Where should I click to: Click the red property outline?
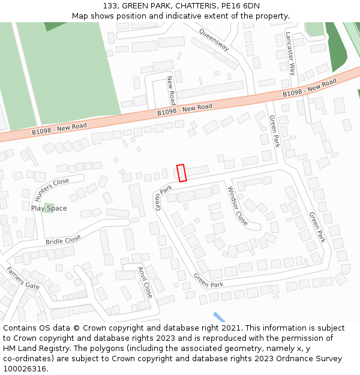pyautogui.click(x=182, y=173)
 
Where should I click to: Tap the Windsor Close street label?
pyautogui.click(x=237, y=206)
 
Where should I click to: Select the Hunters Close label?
pyautogui.click(x=52, y=190)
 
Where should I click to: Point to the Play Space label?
pyautogui.click(x=49, y=208)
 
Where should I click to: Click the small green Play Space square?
pyautogui.click(x=48, y=208)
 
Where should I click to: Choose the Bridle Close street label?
pyautogui.click(x=63, y=240)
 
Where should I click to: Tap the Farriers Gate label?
pyautogui.click(x=23, y=278)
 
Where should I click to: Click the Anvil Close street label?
pyautogui.click(x=145, y=283)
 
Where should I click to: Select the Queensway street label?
pyautogui.click(x=214, y=40)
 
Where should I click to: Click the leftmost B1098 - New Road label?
pyautogui.click(x=59, y=128)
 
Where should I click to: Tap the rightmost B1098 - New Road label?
pyautogui.click(x=310, y=91)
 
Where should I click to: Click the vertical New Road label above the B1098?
pyautogui.click(x=171, y=90)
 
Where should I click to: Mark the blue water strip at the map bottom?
pyautogui.click(x=220, y=317)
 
